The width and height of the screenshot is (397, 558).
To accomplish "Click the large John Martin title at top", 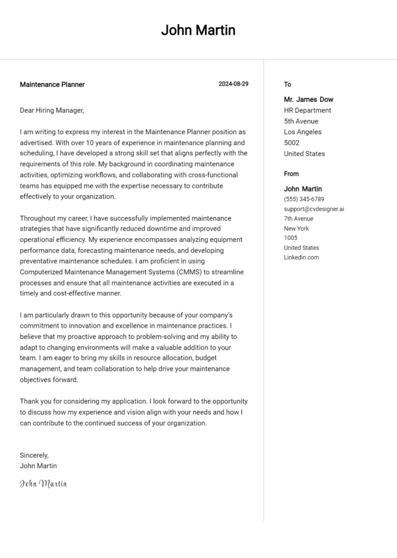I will [198, 31].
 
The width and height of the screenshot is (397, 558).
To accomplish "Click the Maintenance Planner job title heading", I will [52, 84].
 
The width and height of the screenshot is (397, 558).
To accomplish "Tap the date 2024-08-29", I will [233, 84].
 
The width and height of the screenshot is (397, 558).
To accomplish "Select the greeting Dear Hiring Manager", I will [52, 110].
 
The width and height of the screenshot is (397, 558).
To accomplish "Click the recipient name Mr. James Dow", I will [308, 100].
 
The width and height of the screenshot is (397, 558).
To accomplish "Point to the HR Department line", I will [307, 110].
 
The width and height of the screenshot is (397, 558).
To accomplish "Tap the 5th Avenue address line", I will [301, 121].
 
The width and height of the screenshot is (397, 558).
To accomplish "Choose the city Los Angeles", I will [302, 132].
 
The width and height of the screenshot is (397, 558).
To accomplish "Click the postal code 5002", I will [292, 143].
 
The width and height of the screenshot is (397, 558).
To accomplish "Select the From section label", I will [291, 174].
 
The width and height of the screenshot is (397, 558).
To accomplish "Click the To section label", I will [288, 84].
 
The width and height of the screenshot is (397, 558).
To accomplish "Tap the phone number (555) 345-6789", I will [304, 199].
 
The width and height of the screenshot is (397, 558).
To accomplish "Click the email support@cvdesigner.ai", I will [314, 209].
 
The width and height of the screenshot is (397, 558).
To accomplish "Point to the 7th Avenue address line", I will [299, 219].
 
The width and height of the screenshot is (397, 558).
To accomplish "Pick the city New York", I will [296, 228].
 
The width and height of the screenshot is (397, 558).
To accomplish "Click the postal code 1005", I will [290, 238].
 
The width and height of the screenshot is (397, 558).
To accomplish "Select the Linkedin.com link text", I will [301, 257].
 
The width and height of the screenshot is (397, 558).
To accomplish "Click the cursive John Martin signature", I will [44, 483].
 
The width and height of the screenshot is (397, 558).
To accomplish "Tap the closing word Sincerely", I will [34, 455].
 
